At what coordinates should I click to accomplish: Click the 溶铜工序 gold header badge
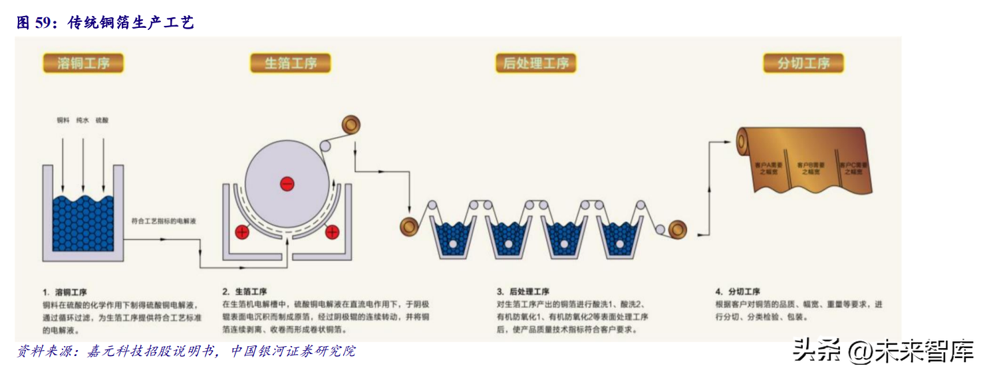83,64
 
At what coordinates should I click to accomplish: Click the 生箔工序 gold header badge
291,64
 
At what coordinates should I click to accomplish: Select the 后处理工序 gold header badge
535,64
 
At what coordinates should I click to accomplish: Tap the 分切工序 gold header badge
803,64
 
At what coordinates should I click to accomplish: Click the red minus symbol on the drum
287,183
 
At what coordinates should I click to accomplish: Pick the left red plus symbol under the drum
242,232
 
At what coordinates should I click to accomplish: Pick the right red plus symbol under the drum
332,232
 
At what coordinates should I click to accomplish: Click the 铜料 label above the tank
63,121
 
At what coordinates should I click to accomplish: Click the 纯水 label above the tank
82,121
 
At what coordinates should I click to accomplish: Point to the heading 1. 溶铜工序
65,292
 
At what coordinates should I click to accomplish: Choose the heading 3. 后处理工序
523,292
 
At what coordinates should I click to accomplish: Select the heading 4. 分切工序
738,292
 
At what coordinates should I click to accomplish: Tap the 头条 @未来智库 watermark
883,351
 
